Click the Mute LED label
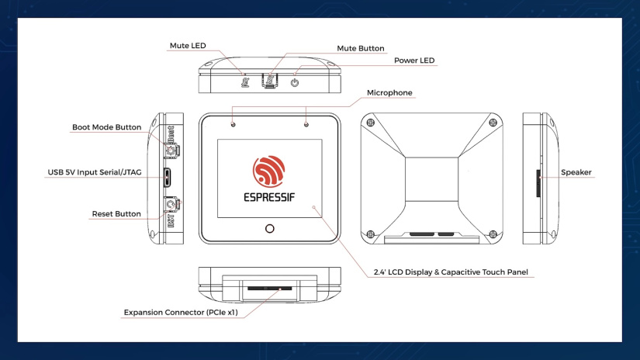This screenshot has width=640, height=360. click(x=188, y=46)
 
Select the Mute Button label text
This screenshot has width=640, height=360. click(x=360, y=48)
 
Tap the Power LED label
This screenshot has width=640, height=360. click(x=413, y=61)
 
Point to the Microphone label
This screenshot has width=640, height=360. click(x=389, y=92)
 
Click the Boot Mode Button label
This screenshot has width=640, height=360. click(x=106, y=127)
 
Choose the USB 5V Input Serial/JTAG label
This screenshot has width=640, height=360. click(x=92, y=171)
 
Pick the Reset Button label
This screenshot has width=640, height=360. click(x=116, y=213)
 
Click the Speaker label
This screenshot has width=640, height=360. click(x=576, y=172)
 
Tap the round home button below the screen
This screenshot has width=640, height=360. click(x=270, y=229)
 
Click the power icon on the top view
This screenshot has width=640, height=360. click(x=295, y=82)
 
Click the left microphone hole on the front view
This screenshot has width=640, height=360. click(x=234, y=123)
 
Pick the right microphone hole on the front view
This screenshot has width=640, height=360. click(x=306, y=123)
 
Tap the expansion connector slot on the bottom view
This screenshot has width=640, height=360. click(x=269, y=287)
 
